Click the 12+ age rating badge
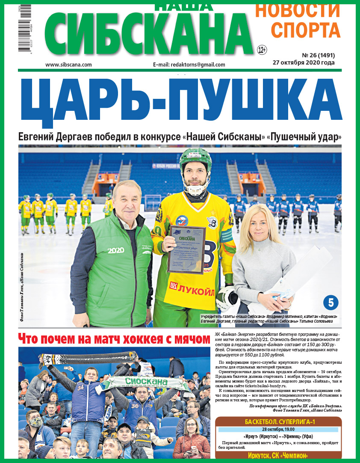pos(262,50)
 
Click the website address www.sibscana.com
pos(68,65)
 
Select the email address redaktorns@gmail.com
pos(189,65)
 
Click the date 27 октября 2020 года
pos(304,62)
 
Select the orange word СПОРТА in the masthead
pos(306,30)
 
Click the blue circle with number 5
pos(330,303)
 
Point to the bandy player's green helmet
pos(195,158)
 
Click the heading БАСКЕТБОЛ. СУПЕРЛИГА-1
pos(278,422)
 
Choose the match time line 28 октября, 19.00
pos(278,429)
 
